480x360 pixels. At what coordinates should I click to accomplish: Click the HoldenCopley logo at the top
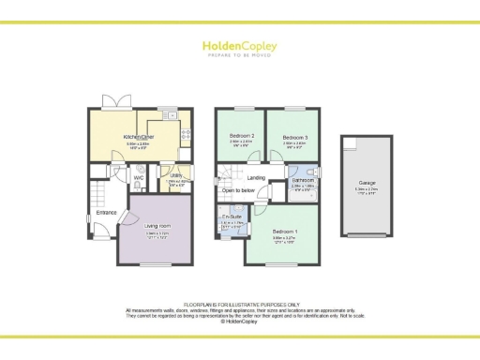239,47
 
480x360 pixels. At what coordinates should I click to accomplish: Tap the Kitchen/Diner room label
138,137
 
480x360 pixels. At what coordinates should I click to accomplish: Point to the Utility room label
176,174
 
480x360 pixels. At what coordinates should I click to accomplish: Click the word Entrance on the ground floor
105,213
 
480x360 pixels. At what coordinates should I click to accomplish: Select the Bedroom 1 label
286,231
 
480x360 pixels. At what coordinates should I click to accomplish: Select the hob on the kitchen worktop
185,134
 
